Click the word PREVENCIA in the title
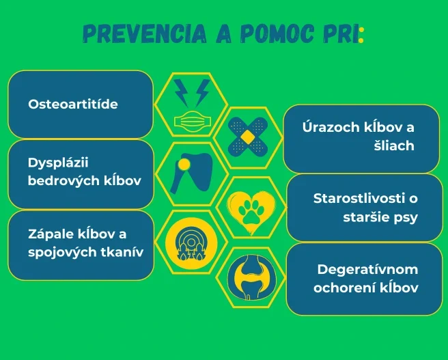click(x=145, y=34)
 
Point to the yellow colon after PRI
click(x=361, y=35)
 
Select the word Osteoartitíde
click(x=73, y=104)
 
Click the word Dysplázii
click(x=58, y=163)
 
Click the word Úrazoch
click(x=331, y=127)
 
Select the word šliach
click(x=394, y=146)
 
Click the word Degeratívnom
click(x=367, y=269)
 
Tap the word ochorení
click(x=344, y=288)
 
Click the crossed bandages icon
click(x=248, y=137)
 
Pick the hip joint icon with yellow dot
click(x=191, y=174)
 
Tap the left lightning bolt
click(x=181, y=93)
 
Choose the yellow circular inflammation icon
click(x=191, y=243)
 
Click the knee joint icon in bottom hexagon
click(x=251, y=277)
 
